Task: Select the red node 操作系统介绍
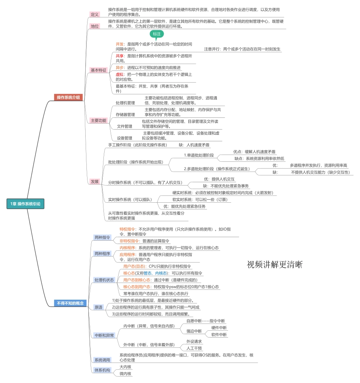tap(68, 97)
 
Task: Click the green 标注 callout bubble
tap(157, 34)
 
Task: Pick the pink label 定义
tap(95, 14)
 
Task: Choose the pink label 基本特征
tap(99, 70)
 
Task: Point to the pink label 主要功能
tap(99, 120)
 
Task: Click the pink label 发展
tap(95, 181)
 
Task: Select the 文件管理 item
tap(125, 126)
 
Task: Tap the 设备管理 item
tap(125, 138)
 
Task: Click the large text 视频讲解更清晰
tap(275, 264)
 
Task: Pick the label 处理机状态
tap(104, 280)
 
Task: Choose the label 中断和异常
tap(104, 335)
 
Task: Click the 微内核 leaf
tap(125, 374)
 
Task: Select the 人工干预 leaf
tap(194, 348)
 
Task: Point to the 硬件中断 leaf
tap(219, 328)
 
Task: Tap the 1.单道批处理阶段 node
tap(199, 155)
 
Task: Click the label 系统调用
tap(102, 360)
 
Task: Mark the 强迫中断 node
tap(194, 331)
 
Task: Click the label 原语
tap(98, 307)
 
